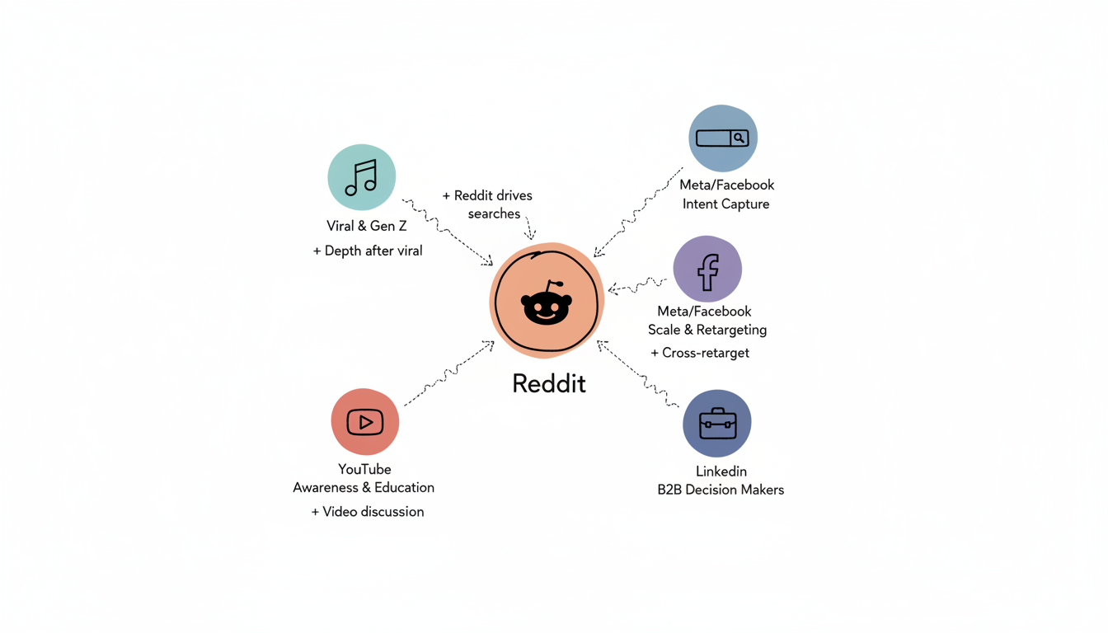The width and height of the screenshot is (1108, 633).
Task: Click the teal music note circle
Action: [x=362, y=177]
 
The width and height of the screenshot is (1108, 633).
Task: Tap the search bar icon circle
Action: [x=723, y=138]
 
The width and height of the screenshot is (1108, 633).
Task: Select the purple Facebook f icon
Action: [x=707, y=270]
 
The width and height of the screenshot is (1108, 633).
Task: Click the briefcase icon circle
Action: [x=717, y=424]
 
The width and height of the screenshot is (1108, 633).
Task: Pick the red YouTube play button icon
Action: [x=365, y=422]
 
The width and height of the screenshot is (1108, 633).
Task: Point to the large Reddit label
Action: [x=549, y=383]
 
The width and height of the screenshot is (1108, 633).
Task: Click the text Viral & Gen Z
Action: [x=367, y=226]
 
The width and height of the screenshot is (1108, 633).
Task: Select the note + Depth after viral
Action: [x=368, y=251]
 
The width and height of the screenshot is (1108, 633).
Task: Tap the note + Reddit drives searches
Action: [x=488, y=204]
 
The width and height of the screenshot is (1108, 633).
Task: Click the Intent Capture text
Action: [x=725, y=204]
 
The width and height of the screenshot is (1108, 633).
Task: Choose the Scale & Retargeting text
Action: [x=707, y=330]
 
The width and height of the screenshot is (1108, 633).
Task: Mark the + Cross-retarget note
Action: [x=700, y=353]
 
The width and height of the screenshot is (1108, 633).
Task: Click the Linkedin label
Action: [x=721, y=471]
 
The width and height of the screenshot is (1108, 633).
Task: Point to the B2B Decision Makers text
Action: [x=721, y=490]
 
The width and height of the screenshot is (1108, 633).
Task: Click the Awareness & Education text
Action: [x=364, y=487]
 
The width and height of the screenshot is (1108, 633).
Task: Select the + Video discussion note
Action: [x=368, y=512]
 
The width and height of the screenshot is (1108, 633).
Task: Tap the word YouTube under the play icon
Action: [x=364, y=469]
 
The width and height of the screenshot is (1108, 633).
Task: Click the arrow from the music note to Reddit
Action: [x=448, y=232]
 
